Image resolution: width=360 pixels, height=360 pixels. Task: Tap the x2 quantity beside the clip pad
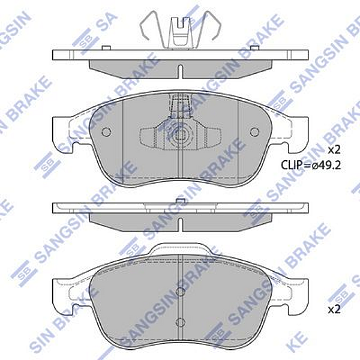coord(334,149)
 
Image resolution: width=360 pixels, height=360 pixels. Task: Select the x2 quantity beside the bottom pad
coord(334,310)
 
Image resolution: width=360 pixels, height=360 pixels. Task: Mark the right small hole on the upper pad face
coord(254,132)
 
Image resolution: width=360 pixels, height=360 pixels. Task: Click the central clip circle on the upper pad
coord(180,135)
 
